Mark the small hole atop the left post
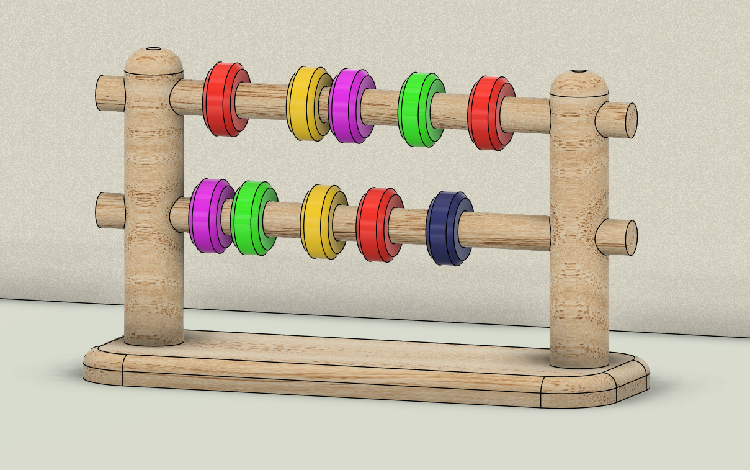[x=154, y=48]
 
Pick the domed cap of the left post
[x=154, y=60]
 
